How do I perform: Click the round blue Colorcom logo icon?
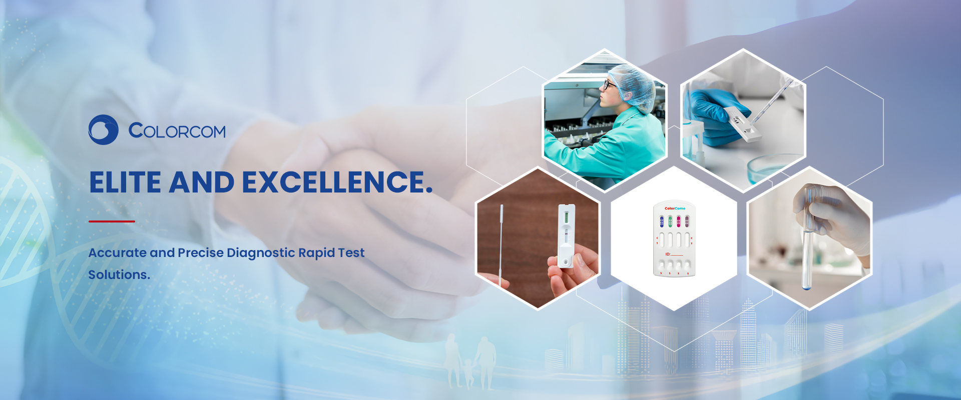(x=103, y=130)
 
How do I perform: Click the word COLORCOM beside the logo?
(x=177, y=131)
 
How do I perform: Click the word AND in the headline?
(x=202, y=182)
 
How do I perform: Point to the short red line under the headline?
(x=112, y=221)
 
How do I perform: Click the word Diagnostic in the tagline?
(x=261, y=253)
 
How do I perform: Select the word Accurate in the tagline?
(x=117, y=253)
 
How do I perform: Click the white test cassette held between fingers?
(x=567, y=235)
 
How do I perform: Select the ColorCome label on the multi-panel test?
(x=675, y=208)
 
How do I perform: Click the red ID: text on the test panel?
(x=668, y=254)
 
